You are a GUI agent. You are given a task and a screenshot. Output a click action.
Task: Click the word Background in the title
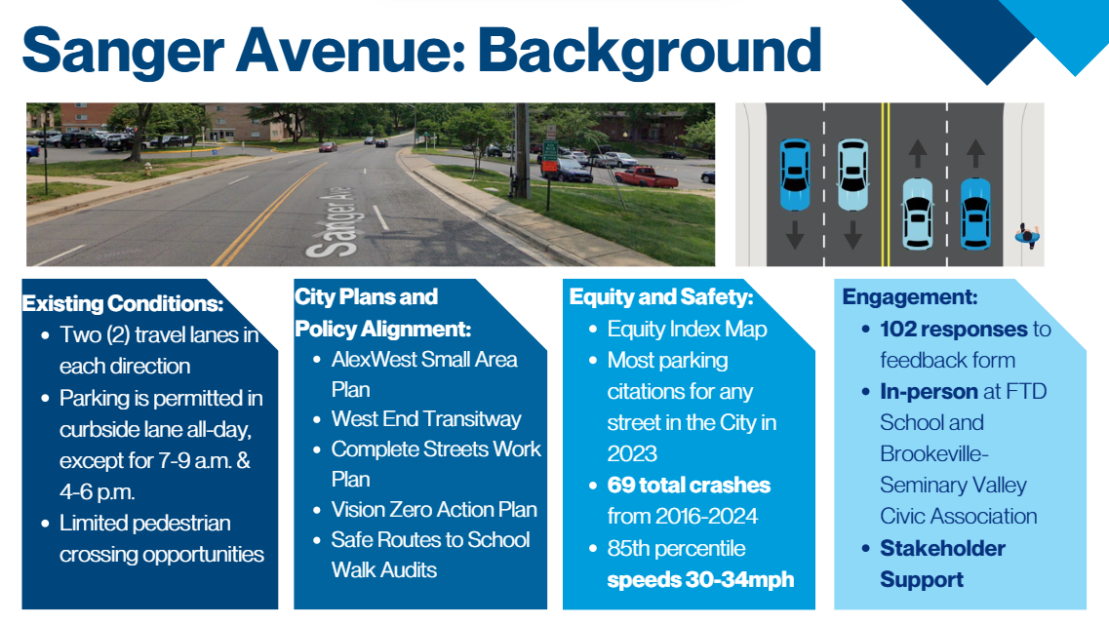click(650, 52)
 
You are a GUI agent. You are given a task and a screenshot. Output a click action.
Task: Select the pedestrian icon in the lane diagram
click(1028, 235)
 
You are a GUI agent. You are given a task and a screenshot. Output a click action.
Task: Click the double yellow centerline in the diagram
click(885, 184)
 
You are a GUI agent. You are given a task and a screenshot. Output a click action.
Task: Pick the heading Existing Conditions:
click(123, 304)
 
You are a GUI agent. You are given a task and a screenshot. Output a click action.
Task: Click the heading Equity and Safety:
click(661, 296)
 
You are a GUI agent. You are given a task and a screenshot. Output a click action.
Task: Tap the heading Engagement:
click(910, 296)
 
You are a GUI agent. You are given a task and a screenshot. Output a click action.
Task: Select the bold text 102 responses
click(953, 330)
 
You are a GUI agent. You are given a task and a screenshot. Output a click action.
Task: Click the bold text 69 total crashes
click(689, 486)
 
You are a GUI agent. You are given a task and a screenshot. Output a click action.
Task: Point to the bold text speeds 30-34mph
click(700, 580)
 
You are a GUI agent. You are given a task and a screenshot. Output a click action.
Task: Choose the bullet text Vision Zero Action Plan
click(434, 510)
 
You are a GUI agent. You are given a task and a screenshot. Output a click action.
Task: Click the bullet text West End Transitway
click(426, 419)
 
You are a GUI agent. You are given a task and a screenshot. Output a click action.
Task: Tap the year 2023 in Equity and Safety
click(632, 453)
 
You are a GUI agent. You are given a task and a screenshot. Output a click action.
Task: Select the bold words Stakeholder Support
click(942, 564)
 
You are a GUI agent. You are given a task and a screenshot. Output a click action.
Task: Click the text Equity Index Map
click(687, 330)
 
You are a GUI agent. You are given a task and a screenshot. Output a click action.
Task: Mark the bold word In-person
click(929, 392)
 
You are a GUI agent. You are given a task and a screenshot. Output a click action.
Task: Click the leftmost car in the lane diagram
click(794, 175)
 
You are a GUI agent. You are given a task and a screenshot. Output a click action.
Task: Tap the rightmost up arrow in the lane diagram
click(975, 153)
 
